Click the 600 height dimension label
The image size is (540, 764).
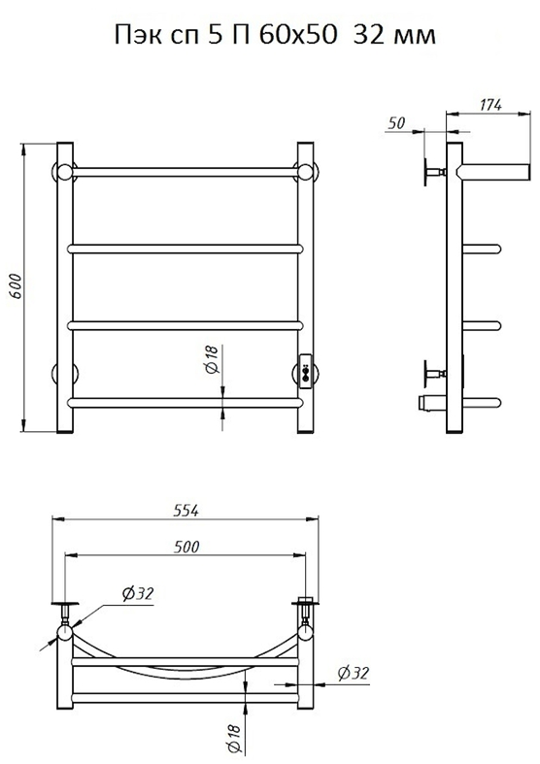click(x=16, y=286)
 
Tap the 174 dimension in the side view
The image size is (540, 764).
click(x=490, y=105)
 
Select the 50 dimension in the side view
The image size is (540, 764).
click(x=396, y=122)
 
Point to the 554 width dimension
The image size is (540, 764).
click(x=186, y=511)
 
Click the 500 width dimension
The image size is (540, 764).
click(x=186, y=547)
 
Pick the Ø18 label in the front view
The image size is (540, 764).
click(x=213, y=359)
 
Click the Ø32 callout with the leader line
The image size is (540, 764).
click(x=138, y=593)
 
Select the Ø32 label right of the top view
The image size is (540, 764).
click(x=354, y=674)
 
